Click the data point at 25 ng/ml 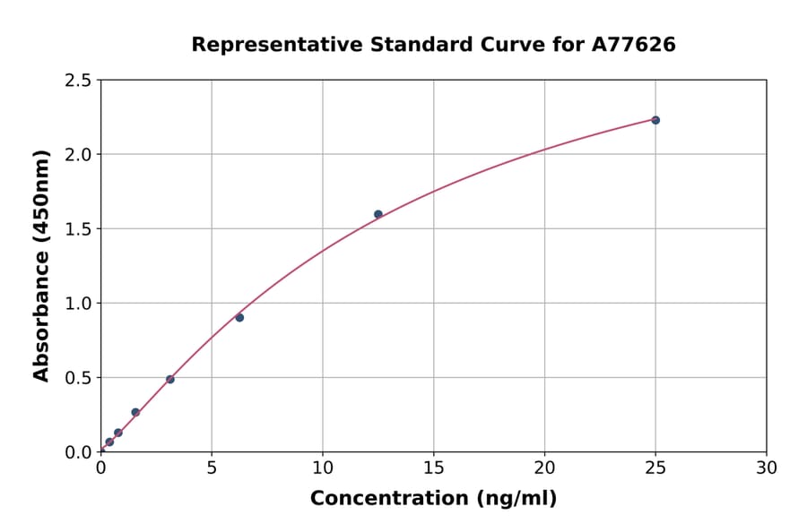pos(655,120)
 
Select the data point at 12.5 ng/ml pos(378,214)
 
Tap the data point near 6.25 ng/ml pos(239,317)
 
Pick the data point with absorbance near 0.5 pos(170,379)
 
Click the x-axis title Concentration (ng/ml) pos(433,499)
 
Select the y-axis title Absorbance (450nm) pos(41,265)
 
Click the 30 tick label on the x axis pos(767,468)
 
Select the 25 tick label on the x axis pos(655,468)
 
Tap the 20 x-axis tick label pos(544,468)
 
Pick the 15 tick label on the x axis pos(433,468)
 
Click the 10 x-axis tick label pos(323,468)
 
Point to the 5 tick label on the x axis pos(212,468)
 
